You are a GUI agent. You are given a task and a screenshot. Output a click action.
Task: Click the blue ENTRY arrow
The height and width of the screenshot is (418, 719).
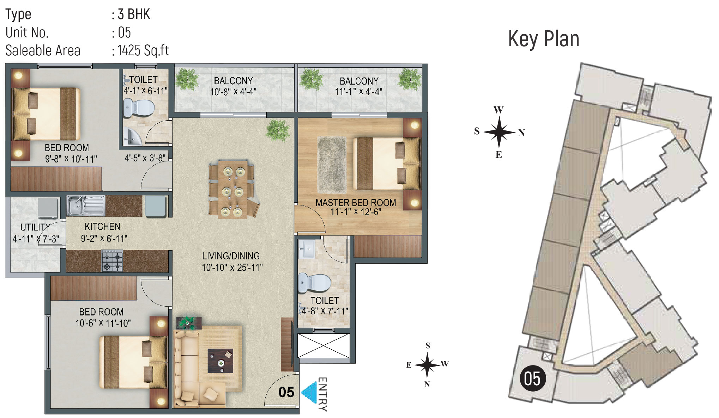(x=309, y=392)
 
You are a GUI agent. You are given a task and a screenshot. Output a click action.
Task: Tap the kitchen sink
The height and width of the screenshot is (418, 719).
(x=86, y=205)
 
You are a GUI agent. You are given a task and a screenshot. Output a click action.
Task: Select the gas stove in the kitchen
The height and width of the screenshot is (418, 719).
(x=112, y=261)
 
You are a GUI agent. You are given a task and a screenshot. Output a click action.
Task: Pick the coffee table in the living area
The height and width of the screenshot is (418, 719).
(x=220, y=361)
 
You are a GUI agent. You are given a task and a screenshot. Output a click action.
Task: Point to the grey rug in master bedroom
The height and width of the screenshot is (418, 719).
(x=332, y=165)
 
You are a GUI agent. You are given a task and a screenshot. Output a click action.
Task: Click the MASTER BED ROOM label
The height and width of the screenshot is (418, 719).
(x=356, y=203)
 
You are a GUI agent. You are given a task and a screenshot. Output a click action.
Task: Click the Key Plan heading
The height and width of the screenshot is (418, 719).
(x=544, y=39)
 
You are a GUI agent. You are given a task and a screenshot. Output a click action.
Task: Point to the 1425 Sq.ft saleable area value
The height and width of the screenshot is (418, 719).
(x=143, y=50)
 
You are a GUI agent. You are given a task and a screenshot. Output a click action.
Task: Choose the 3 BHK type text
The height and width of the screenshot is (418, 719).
(x=134, y=14)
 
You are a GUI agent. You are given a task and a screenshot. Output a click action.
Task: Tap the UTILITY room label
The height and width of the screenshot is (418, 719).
(x=35, y=227)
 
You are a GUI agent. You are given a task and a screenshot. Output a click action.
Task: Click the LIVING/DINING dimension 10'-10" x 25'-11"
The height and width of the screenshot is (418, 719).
(x=232, y=267)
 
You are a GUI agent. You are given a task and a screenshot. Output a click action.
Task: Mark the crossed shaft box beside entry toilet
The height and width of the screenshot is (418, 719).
(x=324, y=345)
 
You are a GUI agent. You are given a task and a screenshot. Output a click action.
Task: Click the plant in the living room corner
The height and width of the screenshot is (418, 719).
(x=278, y=129)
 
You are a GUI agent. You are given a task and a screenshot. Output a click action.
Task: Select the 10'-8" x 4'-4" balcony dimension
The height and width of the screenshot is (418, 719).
(x=233, y=92)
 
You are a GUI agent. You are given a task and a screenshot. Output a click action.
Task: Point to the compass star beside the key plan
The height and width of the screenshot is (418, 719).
(x=499, y=133)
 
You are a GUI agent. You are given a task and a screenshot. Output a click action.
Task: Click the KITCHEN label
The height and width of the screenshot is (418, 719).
(x=102, y=226)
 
